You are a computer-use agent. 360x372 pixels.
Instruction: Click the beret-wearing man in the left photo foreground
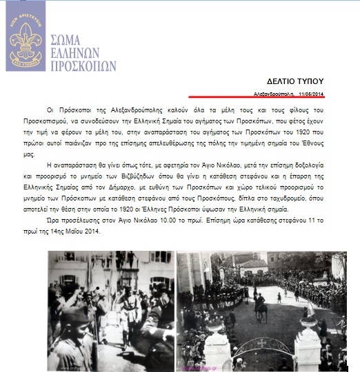click(x=76, y=338)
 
